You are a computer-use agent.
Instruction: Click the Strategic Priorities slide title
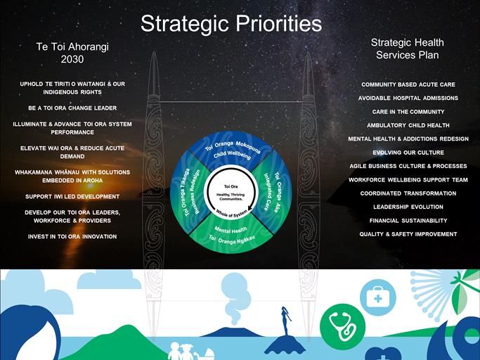(231, 24)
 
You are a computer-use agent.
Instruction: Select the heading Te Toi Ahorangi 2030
(72, 53)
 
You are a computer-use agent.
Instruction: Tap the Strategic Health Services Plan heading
(408, 49)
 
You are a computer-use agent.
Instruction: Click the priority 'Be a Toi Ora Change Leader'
(72, 108)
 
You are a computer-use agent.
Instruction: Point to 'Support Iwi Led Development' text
(72, 197)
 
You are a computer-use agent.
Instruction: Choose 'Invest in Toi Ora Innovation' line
(72, 236)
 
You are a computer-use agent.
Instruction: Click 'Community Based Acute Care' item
(408, 84)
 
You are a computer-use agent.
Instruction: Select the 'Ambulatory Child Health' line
(408, 125)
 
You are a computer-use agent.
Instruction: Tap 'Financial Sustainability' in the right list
(408, 221)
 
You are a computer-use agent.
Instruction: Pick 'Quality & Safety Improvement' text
(408, 234)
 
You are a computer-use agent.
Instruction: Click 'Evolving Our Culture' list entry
(408, 153)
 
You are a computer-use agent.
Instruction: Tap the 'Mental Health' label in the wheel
(231, 230)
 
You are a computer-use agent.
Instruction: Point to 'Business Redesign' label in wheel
(195, 192)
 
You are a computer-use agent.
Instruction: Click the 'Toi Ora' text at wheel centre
(231, 186)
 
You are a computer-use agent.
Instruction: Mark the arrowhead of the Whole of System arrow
(249, 210)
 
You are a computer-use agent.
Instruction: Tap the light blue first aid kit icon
(378, 297)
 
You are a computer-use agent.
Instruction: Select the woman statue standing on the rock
(285, 321)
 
